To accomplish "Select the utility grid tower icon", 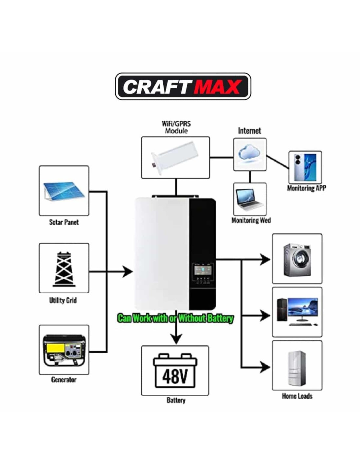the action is click(64, 269).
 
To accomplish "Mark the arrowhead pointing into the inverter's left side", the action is click(128, 271).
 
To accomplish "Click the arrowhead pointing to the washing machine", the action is click(265, 260).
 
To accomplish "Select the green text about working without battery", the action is click(175, 319).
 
